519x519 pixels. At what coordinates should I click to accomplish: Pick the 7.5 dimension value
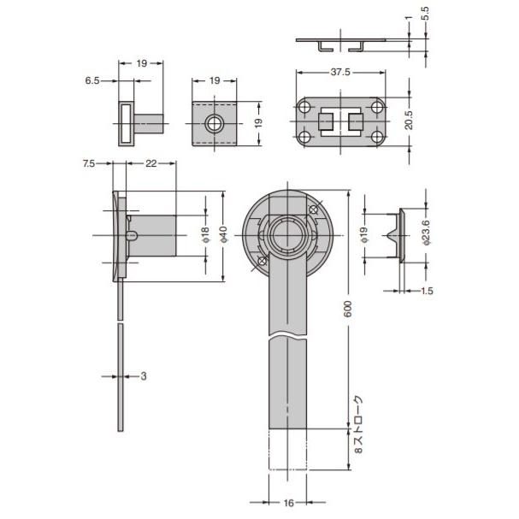pyautogui.click(x=89, y=163)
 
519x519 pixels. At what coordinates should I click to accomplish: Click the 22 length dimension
pyautogui.click(x=150, y=163)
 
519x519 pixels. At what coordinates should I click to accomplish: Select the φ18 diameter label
pyautogui.click(x=205, y=235)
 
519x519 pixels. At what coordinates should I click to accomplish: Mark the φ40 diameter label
pyautogui.click(x=224, y=235)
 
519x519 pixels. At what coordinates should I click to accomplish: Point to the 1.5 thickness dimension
pyautogui.click(x=427, y=292)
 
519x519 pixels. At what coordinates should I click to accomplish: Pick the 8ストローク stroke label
pyautogui.click(x=359, y=422)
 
